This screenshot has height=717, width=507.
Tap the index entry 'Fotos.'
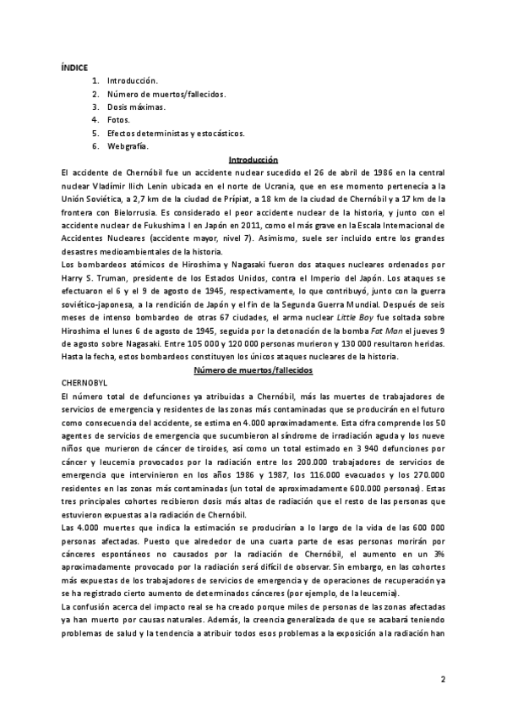point(119,120)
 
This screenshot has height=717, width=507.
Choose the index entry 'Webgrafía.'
point(128,146)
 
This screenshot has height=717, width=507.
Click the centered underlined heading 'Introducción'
point(253,160)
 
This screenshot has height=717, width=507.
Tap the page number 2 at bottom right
point(442,679)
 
